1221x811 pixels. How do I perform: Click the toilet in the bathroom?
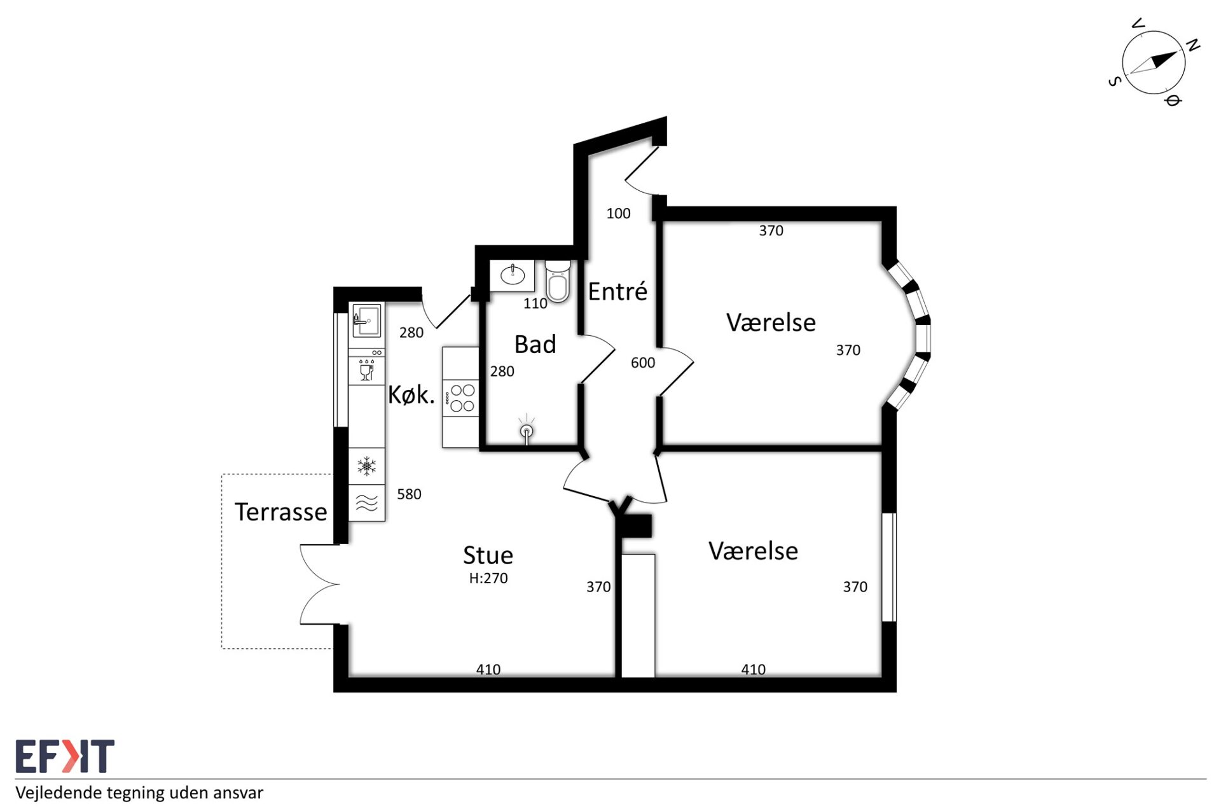[x=557, y=281]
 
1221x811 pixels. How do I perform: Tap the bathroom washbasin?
[x=513, y=275]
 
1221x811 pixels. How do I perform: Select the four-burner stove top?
[x=461, y=398]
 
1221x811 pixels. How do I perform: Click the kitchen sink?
[x=366, y=320]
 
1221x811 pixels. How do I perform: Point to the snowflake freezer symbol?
[x=366, y=466]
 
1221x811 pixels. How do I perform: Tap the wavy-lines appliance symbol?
[x=367, y=503]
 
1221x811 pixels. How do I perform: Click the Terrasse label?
[x=281, y=512]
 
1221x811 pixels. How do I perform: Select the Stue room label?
[x=488, y=555]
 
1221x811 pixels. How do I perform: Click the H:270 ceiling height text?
[x=488, y=578]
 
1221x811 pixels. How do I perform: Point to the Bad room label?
[x=535, y=344]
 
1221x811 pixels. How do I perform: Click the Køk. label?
[x=411, y=395]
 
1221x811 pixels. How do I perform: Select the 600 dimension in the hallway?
[x=643, y=363]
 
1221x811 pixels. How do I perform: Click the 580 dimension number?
[x=409, y=494]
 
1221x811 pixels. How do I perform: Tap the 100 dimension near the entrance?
[x=618, y=214]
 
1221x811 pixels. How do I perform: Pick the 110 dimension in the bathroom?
[x=535, y=304]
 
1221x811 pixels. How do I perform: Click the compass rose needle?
[x=1154, y=62]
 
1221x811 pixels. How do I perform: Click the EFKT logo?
[x=65, y=756]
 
